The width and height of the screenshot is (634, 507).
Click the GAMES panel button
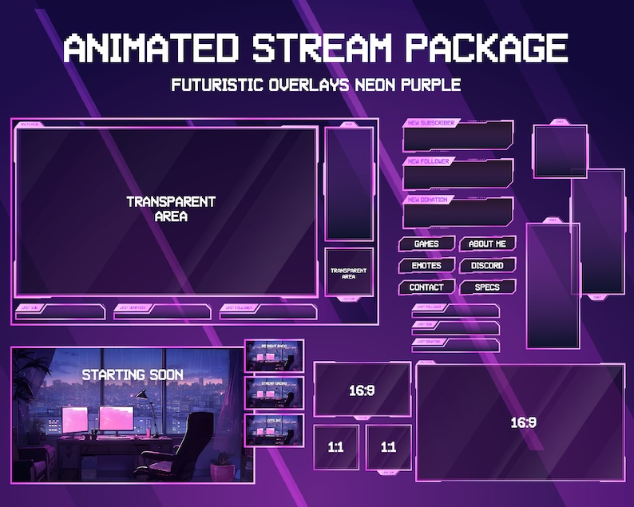pyautogui.click(x=426, y=244)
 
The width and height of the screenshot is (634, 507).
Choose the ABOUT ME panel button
pyautogui.click(x=487, y=244)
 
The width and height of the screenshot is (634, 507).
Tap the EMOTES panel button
pyautogui.click(x=426, y=265)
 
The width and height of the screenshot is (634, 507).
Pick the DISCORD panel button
pyautogui.click(x=487, y=265)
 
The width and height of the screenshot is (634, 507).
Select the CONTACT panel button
pyautogui.click(x=426, y=287)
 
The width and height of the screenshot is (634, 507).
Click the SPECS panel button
pyautogui.click(x=487, y=287)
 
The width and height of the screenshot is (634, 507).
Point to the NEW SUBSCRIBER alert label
pyautogui.click(x=431, y=124)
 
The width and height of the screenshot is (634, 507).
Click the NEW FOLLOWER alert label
pyautogui.click(x=429, y=161)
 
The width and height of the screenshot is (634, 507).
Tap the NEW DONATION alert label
pyautogui.click(x=428, y=199)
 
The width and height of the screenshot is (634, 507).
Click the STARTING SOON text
pyautogui.click(x=133, y=374)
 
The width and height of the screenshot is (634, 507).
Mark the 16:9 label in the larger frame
pyautogui.click(x=522, y=422)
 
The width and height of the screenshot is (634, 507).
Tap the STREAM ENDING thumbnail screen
pyautogui.click(x=275, y=392)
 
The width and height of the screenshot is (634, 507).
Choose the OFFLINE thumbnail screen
pyautogui.click(x=275, y=430)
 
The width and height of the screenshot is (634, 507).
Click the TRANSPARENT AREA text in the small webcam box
pyautogui.click(x=348, y=273)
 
